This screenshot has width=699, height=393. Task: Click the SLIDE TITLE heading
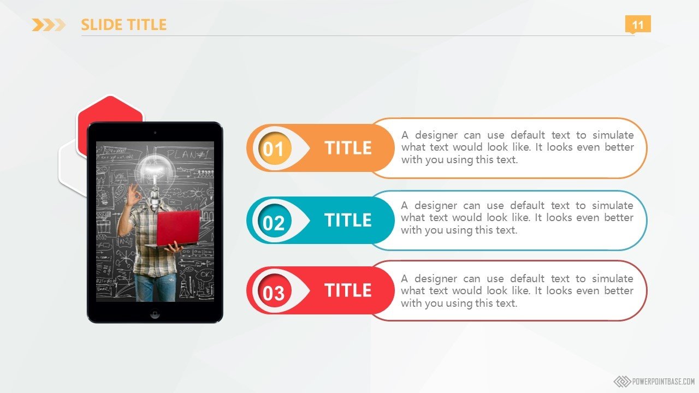(x=123, y=25)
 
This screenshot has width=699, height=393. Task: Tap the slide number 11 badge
(x=638, y=24)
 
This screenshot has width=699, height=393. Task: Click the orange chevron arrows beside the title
(x=49, y=25)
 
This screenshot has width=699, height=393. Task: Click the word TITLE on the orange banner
(x=348, y=148)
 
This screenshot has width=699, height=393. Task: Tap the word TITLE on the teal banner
(x=348, y=220)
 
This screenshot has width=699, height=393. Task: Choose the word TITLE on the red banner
(x=348, y=290)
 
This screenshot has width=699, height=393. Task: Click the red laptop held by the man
(x=177, y=229)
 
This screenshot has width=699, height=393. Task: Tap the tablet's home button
(x=155, y=313)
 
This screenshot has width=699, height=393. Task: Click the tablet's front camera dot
(x=155, y=133)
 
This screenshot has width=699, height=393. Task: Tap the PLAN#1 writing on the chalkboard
(x=189, y=154)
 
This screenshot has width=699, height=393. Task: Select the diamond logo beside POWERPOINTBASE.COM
(x=622, y=382)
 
